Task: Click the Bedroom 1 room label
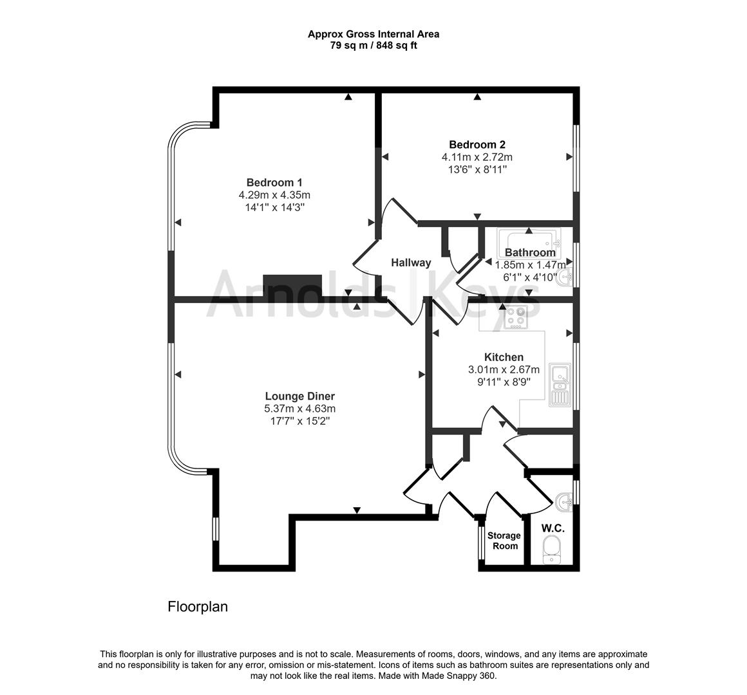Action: [274, 182]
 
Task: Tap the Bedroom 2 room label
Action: [477, 145]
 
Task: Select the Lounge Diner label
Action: [300, 396]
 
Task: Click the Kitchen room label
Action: [504, 357]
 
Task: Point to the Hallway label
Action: [411, 263]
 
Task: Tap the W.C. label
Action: [553, 528]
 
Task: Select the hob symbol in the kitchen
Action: [515, 317]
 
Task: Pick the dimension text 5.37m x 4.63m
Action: [300, 409]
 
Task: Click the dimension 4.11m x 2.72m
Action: [477, 157]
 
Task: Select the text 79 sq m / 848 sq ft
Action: [373, 46]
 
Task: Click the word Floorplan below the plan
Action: [198, 607]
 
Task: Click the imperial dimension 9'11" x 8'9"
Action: [504, 382]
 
